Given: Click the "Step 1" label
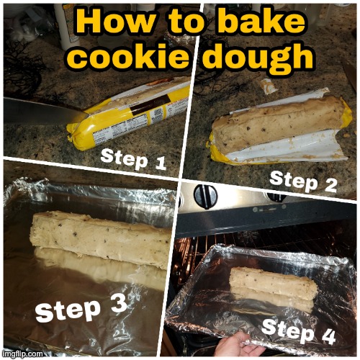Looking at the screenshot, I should (133, 159).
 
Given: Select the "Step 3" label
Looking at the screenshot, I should (81, 309).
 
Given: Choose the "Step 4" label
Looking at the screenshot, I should (298, 332).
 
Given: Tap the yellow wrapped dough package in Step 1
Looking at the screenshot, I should (130, 115).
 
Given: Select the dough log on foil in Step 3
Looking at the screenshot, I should (101, 238).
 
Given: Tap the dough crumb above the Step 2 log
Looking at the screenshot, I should (268, 86).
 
